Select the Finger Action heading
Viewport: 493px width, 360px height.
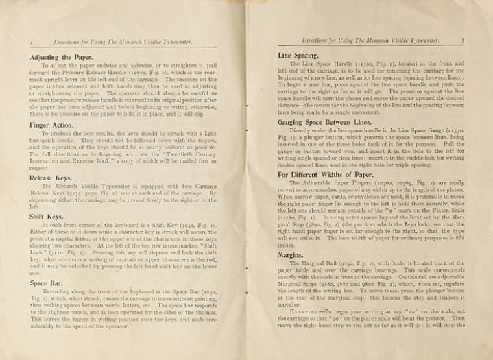(43, 125)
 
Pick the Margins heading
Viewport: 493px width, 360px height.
(291, 254)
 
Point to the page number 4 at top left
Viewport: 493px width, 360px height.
(14, 43)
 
